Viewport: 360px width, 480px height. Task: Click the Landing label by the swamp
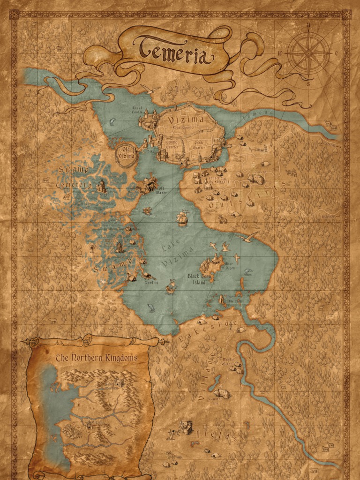click(x=151, y=282)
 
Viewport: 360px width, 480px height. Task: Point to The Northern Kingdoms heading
click(x=97, y=358)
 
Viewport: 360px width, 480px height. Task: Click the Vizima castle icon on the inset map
click(x=90, y=424)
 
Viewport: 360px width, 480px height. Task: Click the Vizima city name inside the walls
click(x=187, y=120)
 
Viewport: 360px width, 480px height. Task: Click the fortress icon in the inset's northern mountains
click(x=118, y=384)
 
